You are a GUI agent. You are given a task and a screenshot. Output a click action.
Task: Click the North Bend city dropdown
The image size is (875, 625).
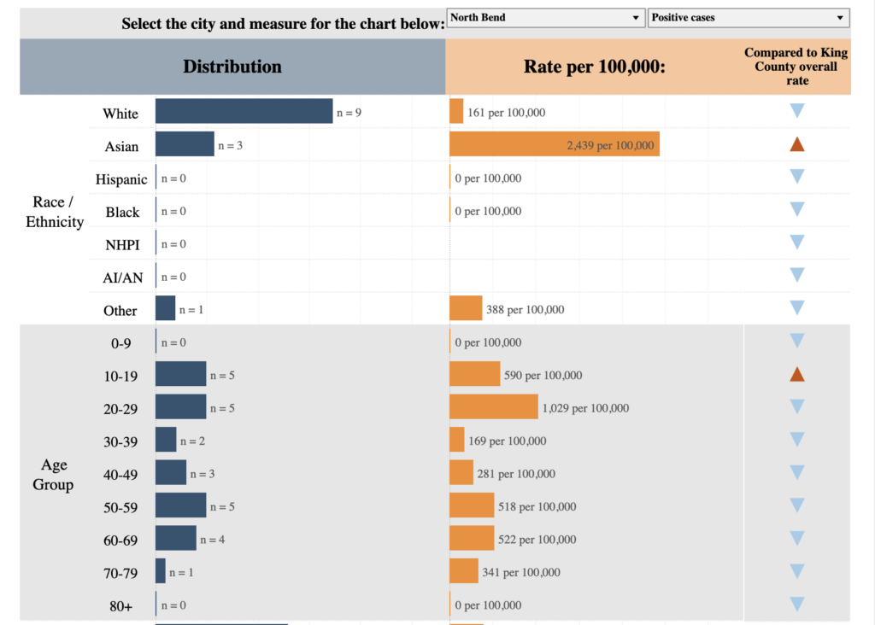click(545, 18)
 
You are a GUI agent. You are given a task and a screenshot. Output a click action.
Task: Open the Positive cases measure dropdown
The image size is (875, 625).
click(749, 18)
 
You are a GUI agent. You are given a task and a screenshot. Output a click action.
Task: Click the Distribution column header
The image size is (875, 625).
click(232, 67)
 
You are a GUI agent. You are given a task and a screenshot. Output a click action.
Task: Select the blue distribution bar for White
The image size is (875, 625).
click(244, 112)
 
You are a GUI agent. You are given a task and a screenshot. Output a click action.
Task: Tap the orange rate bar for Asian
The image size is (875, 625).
click(554, 145)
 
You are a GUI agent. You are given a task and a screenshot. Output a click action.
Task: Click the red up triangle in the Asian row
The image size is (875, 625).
click(797, 144)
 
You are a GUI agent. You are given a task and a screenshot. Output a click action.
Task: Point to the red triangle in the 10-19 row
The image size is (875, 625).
click(797, 374)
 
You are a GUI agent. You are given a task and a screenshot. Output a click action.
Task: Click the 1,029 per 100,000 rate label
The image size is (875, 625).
click(585, 408)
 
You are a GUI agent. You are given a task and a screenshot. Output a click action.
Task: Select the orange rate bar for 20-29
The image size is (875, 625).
click(493, 407)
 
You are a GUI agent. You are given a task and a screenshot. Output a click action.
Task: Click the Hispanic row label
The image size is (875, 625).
click(121, 179)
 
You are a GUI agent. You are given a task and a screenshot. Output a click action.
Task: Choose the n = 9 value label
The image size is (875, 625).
click(349, 113)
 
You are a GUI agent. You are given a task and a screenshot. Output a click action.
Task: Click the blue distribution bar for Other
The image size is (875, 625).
click(165, 309)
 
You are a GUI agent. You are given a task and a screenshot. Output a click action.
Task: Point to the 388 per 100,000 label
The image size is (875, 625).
click(525, 310)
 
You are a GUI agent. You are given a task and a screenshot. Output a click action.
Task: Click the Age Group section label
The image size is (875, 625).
click(54, 475)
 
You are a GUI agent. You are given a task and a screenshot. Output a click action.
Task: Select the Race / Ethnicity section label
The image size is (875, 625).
click(55, 212)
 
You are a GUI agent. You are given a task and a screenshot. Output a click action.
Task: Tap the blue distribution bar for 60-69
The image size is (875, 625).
click(175, 539)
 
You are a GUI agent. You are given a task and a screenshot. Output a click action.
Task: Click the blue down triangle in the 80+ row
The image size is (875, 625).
click(797, 605)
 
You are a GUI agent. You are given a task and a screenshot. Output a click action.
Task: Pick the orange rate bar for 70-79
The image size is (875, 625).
click(463, 571)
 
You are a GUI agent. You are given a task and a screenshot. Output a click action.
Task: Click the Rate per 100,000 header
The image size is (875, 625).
click(594, 67)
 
